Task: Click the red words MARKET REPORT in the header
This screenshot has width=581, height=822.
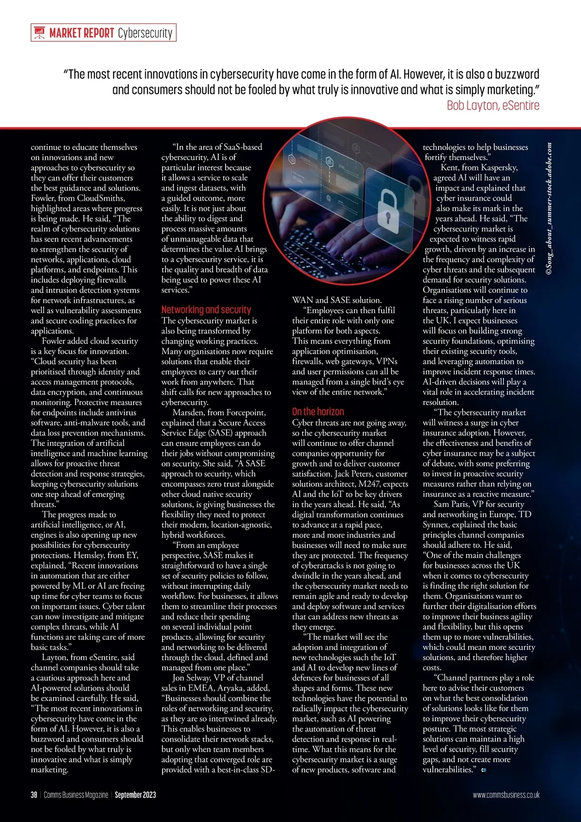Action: click(x=82, y=33)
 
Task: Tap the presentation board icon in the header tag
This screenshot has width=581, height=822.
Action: click(x=39, y=33)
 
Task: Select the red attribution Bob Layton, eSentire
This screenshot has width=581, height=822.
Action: click(x=492, y=105)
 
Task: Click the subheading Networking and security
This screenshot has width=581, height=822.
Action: click(x=206, y=310)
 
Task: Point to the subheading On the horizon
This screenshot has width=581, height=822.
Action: click(x=318, y=412)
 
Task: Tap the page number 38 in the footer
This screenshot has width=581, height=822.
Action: click(x=34, y=795)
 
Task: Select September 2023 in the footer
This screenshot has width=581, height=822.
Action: click(x=135, y=795)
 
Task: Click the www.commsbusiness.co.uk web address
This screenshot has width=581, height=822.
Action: click(x=506, y=795)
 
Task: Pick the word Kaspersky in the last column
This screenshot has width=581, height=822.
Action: click(x=497, y=168)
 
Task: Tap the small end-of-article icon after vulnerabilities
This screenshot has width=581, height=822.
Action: click(x=483, y=770)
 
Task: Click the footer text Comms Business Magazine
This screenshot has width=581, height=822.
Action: click(x=76, y=795)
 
